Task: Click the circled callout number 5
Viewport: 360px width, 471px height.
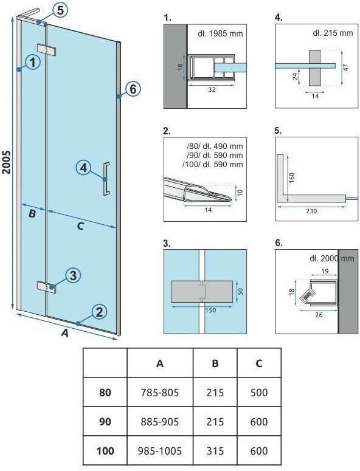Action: click(60, 10)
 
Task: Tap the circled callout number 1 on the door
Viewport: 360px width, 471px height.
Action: click(32, 62)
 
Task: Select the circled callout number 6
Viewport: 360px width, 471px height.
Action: click(133, 89)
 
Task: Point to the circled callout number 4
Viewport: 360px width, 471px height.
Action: click(83, 167)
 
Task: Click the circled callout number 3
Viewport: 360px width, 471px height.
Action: click(73, 275)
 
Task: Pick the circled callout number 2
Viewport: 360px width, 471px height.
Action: click(99, 312)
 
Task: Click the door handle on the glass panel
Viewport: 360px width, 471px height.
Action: click(106, 179)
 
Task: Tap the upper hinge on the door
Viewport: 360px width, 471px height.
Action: click(47, 50)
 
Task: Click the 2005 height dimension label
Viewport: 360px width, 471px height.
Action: click(6, 162)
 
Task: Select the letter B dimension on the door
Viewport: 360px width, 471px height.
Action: click(32, 213)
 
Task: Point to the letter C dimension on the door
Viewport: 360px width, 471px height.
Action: click(80, 226)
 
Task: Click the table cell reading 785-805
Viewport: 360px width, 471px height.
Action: click(160, 393)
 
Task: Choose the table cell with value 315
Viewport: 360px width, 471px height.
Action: click(215, 450)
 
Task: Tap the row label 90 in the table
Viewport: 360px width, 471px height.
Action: click(105, 421)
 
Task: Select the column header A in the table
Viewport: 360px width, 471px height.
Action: click(160, 363)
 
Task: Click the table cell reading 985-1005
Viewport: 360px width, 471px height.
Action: click(160, 450)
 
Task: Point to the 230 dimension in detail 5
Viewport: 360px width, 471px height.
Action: click(311, 211)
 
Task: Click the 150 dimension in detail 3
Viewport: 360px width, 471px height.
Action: click(210, 311)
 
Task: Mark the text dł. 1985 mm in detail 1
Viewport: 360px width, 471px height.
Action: click(220, 33)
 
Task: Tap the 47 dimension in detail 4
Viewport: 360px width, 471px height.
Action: click(346, 67)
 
